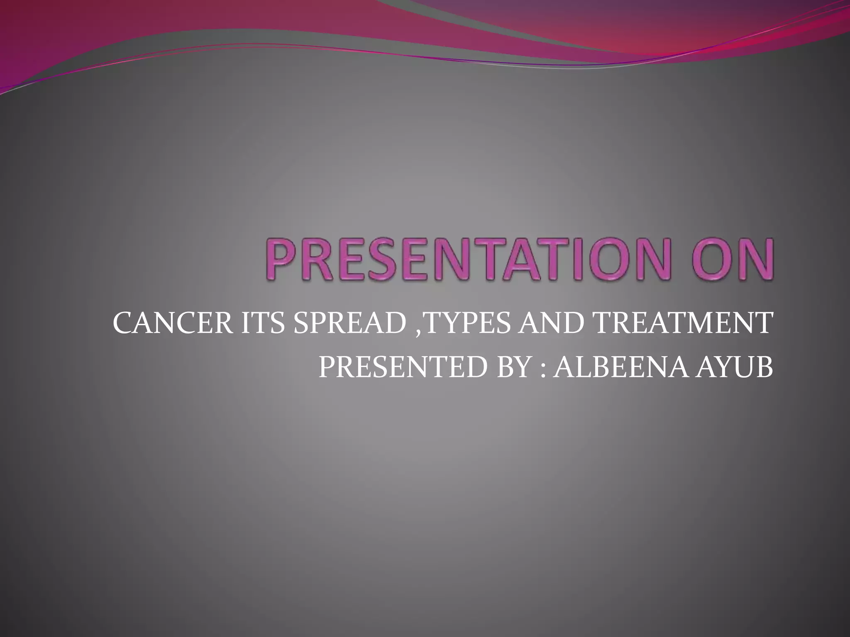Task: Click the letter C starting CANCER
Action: point(123,324)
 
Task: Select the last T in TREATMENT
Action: point(765,324)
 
